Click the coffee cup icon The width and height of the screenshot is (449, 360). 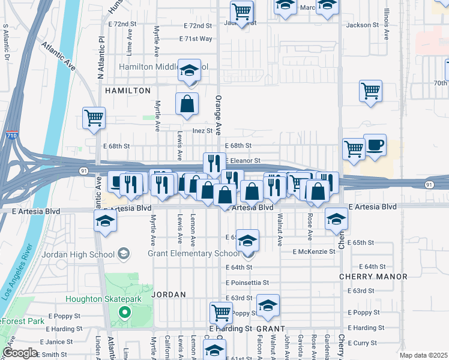click(375, 145)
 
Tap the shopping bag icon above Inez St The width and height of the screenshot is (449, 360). click(187, 104)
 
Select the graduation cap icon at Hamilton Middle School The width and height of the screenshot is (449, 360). click(189, 70)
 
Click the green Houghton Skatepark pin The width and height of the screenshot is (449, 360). click(124, 312)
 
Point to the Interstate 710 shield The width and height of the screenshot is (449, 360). click(12, 134)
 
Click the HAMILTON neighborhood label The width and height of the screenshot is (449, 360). click(128, 90)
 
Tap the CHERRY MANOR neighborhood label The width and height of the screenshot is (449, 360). click(373, 277)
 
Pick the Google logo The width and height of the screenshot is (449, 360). click(19, 352)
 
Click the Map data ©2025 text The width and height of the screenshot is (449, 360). click(423, 355)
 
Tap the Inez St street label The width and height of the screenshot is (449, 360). click(202, 131)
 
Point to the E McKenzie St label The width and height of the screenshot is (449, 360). click(314, 251)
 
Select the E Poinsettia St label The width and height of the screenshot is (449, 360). click(247, 282)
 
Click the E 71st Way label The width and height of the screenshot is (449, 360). click(196, 38)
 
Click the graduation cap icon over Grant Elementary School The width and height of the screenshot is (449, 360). click(247, 241)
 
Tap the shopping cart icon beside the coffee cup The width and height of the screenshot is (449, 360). click(354, 149)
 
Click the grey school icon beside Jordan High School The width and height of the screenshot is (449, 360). click(123, 254)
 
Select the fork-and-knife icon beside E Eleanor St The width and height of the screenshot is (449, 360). click(214, 163)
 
